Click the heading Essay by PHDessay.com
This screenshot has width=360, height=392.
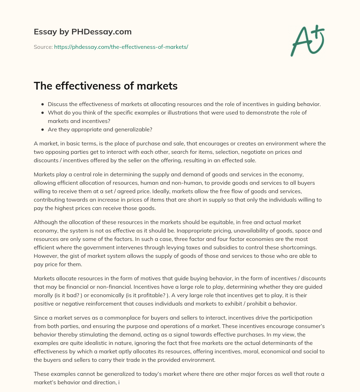click(x=83, y=32)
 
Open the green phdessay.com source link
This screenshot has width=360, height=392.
click(x=121, y=47)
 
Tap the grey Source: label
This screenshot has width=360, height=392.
click(x=43, y=47)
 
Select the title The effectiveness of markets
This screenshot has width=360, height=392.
click(x=105, y=86)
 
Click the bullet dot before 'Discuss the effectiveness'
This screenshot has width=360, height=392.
click(x=43, y=104)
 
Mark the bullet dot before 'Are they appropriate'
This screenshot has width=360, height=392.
click(x=43, y=130)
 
